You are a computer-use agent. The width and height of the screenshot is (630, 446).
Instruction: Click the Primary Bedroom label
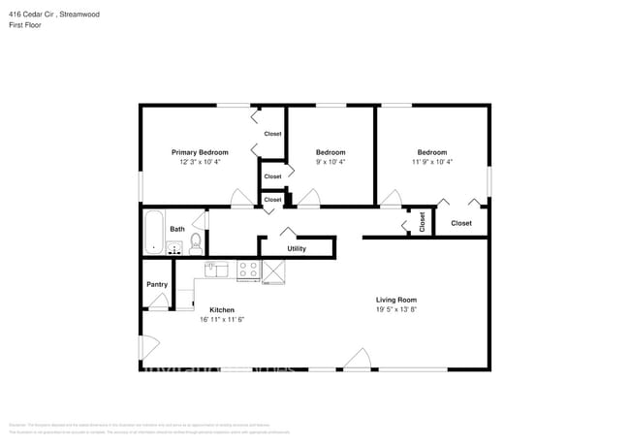pyautogui.click(x=200, y=152)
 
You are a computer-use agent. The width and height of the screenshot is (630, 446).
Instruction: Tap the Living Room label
pyautogui.click(x=395, y=300)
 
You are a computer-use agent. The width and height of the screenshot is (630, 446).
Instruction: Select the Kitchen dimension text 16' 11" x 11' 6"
pyautogui.click(x=221, y=319)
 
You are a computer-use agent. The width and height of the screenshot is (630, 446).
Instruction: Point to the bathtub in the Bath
pyautogui.click(x=154, y=234)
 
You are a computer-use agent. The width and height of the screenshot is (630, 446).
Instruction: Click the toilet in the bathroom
pyautogui.click(x=195, y=240)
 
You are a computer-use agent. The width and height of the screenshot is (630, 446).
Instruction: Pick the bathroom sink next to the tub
pyautogui.click(x=175, y=248)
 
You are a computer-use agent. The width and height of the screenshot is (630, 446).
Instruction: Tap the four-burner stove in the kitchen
pyautogui.click(x=248, y=271)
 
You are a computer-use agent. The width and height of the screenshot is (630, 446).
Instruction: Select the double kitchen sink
pyautogui.click(x=215, y=269)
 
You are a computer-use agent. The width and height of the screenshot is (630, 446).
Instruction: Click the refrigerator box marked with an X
pyautogui.click(x=274, y=271)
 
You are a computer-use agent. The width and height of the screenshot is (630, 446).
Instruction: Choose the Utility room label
pyautogui.click(x=297, y=249)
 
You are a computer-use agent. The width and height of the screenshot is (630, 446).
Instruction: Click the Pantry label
pyautogui.click(x=157, y=284)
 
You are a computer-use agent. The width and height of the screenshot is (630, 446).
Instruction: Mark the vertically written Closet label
pyautogui.click(x=422, y=222)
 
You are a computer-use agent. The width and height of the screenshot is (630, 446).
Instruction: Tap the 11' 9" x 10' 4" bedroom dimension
pyautogui.click(x=431, y=162)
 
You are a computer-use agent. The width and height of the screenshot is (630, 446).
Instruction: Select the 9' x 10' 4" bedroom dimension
pyautogui.click(x=331, y=162)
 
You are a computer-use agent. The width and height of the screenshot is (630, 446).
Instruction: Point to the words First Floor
pyautogui.click(x=26, y=26)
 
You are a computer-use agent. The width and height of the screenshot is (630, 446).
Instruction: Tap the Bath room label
pyautogui.click(x=177, y=230)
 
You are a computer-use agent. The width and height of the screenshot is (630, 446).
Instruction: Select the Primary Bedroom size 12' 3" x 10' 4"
pyautogui.click(x=200, y=162)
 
